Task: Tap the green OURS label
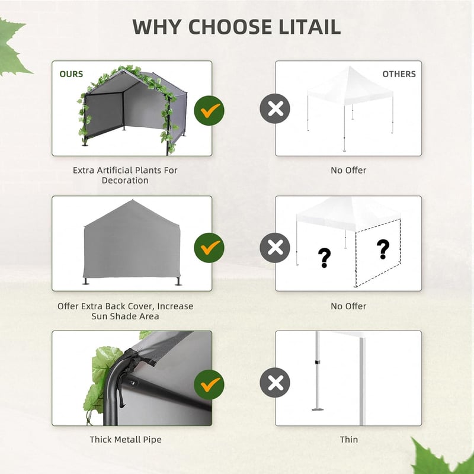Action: [x=71, y=74]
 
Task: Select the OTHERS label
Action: [x=399, y=74]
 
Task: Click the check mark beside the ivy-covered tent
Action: [x=209, y=111]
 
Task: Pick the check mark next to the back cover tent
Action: [x=209, y=248]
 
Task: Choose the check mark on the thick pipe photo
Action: [x=209, y=385]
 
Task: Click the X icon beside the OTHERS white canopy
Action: [x=275, y=108]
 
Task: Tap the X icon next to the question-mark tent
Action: [x=275, y=248]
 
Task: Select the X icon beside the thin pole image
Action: [x=275, y=383]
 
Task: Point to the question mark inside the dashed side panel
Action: [x=383, y=249]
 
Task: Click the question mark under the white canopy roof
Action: [x=324, y=258]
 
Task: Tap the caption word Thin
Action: [x=349, y=439]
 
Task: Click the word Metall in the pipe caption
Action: [x=127, y=439]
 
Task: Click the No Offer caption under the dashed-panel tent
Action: [x=348, y=306]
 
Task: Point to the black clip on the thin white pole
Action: [x=318, y=362]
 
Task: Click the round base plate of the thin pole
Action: [x=318, y=409]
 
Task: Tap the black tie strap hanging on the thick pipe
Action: [x=121, y=390]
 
